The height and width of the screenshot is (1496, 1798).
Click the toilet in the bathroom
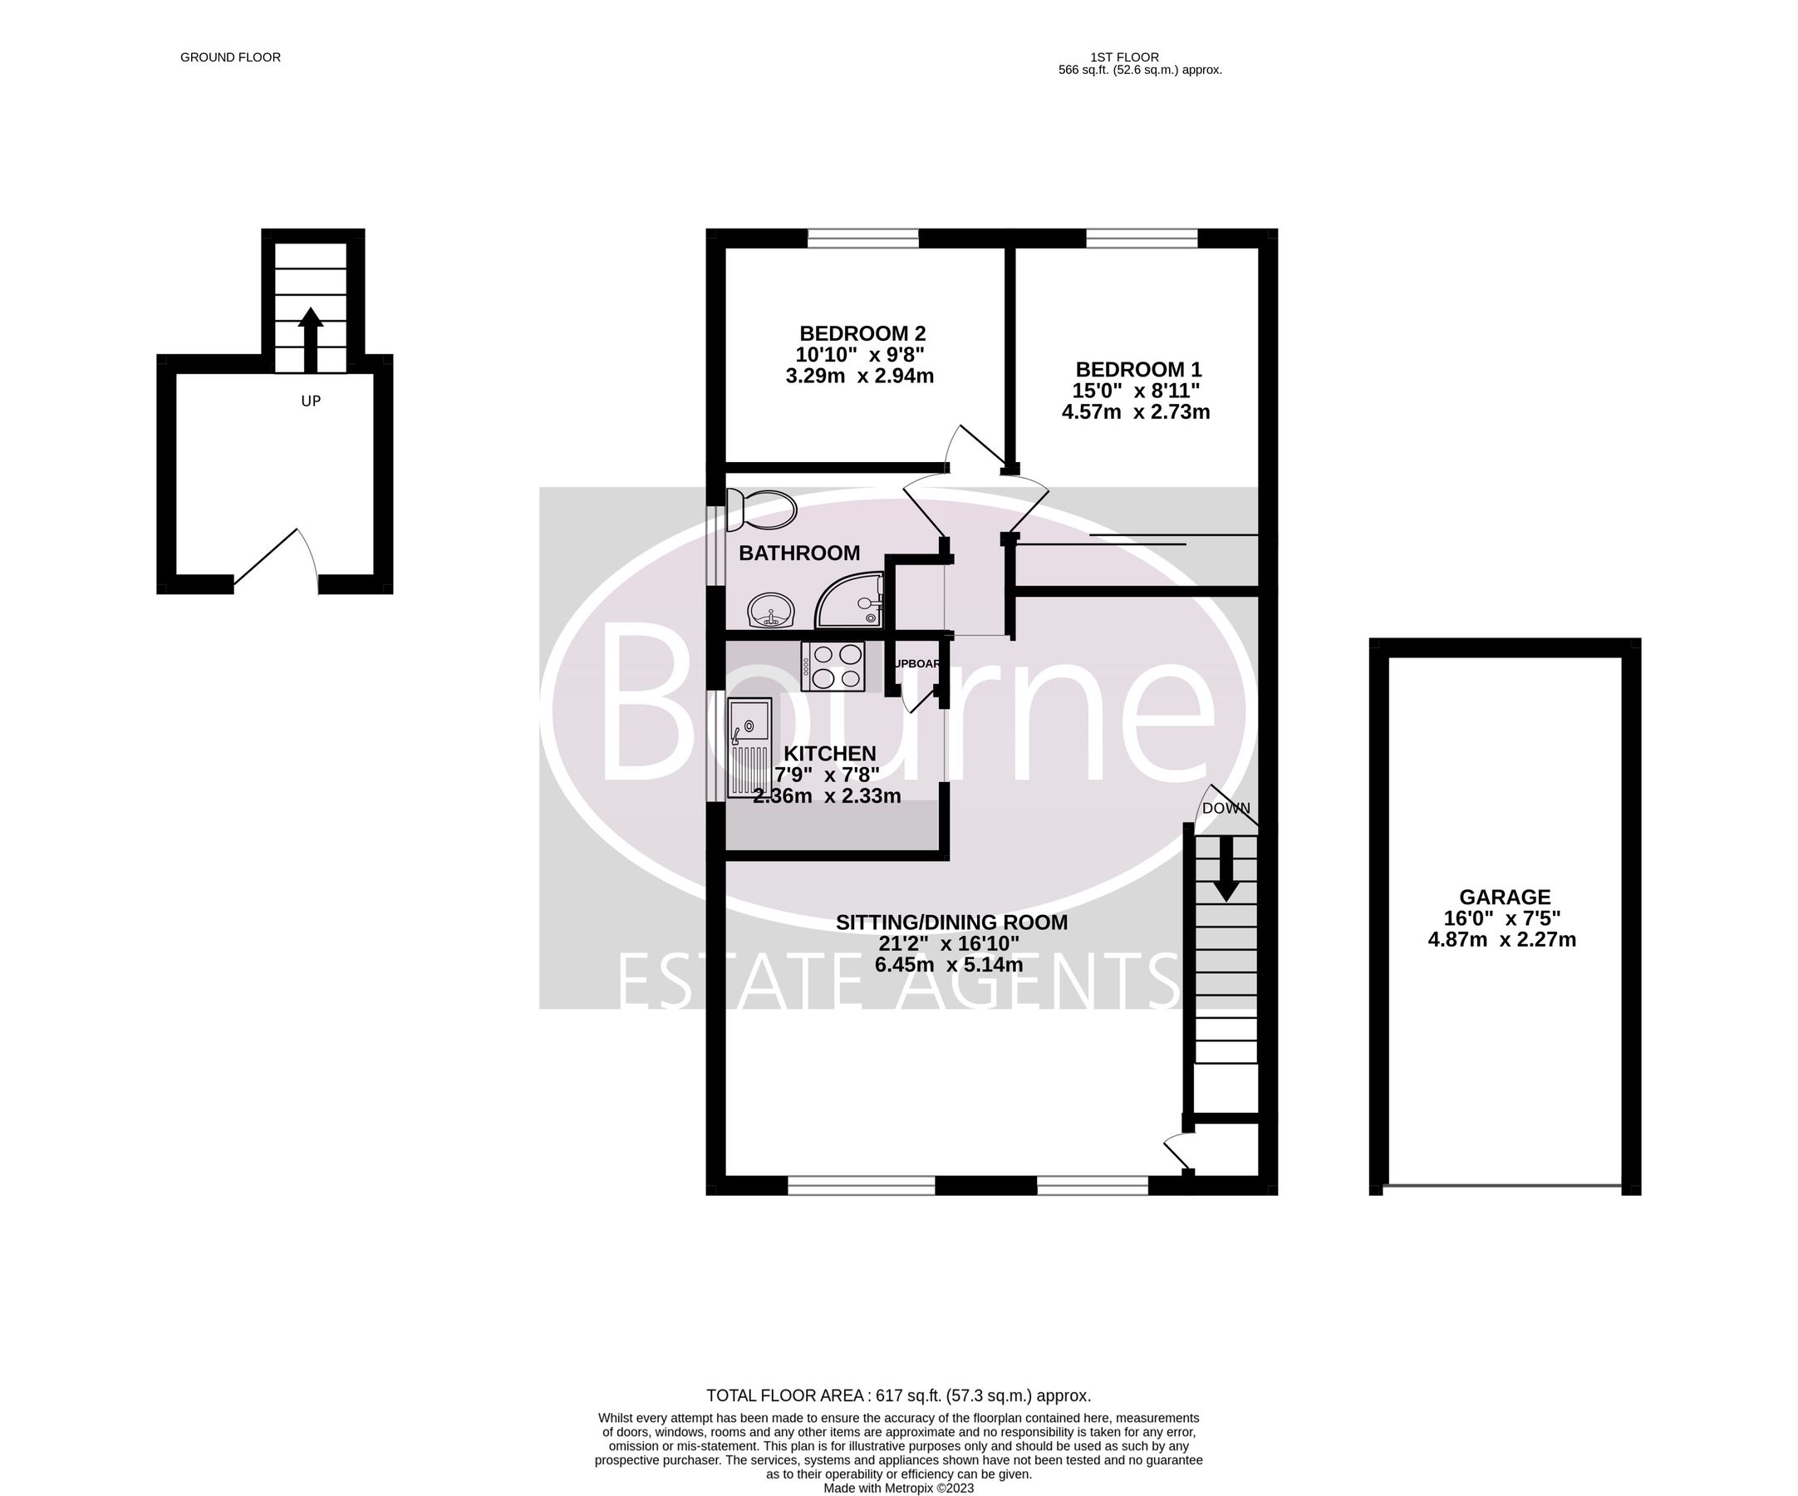pos(760,509)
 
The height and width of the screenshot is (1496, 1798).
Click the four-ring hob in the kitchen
pos(833,667)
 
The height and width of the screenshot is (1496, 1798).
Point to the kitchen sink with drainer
pos(749,747)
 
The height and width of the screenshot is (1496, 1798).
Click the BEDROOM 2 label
pos(862,333)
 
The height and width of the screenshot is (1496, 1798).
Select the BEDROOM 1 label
pos(1138,370)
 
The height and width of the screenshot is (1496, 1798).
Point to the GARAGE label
pos(1505,897)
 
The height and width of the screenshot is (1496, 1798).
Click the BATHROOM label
pos(798,554)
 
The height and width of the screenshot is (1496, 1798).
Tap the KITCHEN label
pos(830,754)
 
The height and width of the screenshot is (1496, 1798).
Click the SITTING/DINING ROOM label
pos(951,923)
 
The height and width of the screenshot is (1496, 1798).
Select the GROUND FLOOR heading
pos(230,57)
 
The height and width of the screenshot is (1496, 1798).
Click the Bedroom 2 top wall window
pos(863,238)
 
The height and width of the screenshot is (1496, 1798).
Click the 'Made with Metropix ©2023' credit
pos(898,1489)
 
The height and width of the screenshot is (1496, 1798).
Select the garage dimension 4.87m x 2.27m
pos(1501,939)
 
